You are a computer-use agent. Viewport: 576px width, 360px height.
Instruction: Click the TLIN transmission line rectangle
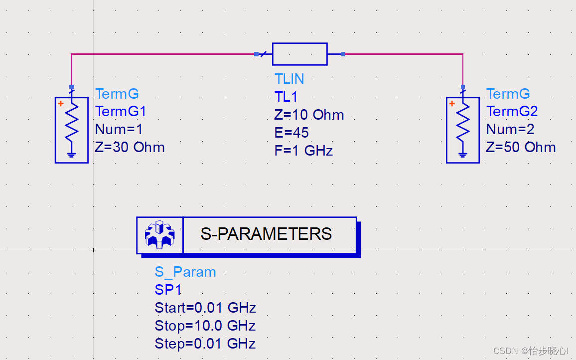pos(299,54)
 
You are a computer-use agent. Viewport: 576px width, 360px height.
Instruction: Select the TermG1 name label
pos(121,111)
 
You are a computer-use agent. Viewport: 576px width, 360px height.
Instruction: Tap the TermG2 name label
pos(512,111)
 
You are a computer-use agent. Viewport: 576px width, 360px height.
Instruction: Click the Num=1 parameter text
pos(119,130)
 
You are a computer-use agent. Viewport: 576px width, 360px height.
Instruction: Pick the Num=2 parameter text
pos(510,130)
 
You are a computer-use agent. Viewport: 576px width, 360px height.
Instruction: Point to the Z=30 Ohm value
pos(130,148)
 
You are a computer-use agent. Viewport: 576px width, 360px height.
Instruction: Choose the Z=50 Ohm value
pos(521,148)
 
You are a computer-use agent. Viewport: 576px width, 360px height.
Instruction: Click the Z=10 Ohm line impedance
pos(309,115)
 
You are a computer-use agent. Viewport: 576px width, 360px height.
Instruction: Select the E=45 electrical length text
pos(291,133)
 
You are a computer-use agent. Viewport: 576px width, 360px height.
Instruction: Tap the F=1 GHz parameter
pos(303,151)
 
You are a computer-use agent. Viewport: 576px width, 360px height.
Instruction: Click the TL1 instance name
pos(286,97)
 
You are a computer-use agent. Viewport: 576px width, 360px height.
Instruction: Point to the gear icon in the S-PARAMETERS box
pos(159,235)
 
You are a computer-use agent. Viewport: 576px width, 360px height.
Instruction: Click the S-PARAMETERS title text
pos(266,234)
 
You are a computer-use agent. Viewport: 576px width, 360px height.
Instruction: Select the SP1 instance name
pos(168,290)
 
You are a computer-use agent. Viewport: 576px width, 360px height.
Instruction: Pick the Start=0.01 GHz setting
pos(205,308)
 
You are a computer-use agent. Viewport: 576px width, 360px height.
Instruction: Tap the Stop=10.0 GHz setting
pos(205,326)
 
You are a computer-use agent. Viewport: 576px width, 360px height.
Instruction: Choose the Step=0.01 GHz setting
pos(205,344)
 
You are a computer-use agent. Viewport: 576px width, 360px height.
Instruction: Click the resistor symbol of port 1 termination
pos(72,125)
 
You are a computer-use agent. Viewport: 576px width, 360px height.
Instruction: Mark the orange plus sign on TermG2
pos(452,104)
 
